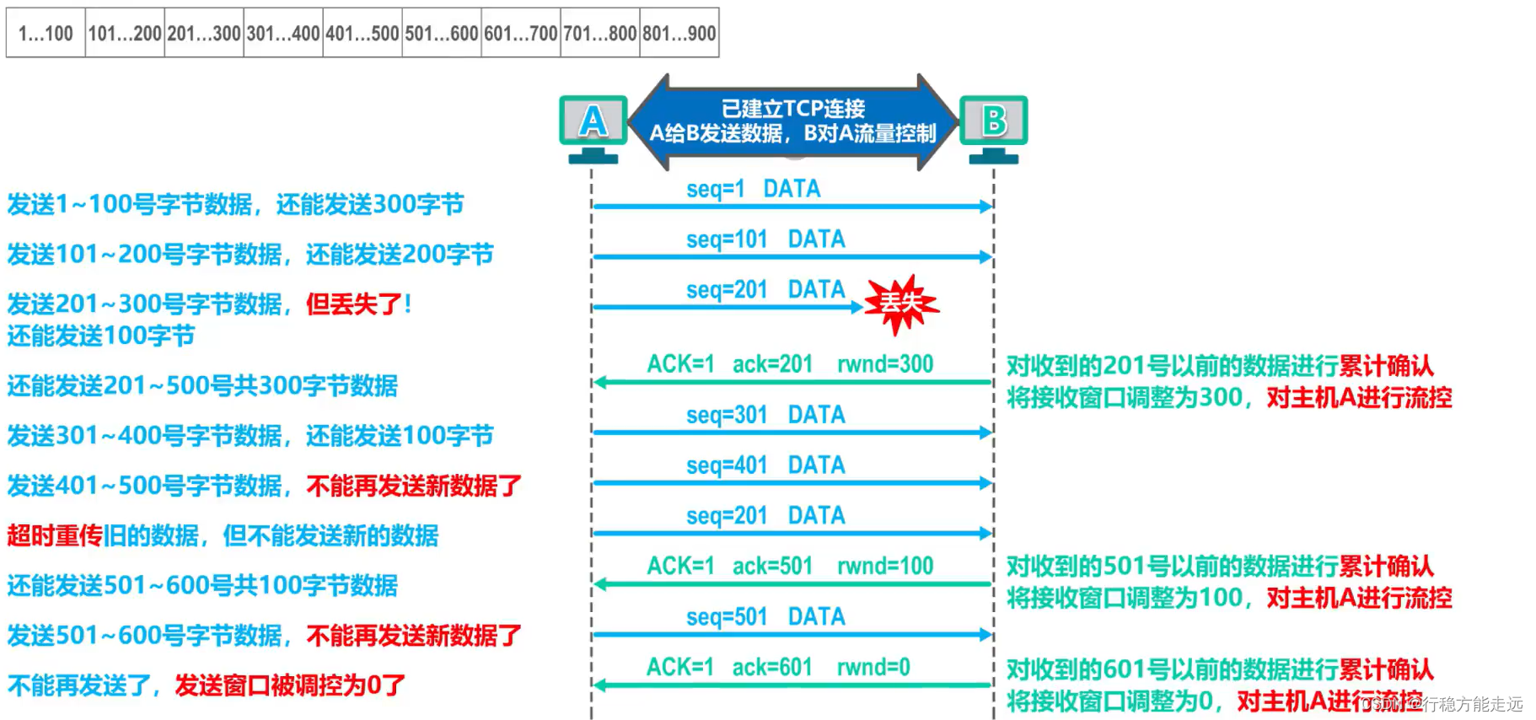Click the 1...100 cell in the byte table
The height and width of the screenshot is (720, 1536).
pos(46,34)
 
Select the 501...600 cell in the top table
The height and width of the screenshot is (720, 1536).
pos(442,34)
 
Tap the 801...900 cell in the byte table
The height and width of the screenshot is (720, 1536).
pos(679,34)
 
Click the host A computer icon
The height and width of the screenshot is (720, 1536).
pos(593,126)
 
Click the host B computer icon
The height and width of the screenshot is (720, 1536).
pos(993,126)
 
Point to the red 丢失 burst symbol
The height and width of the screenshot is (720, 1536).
pos(901,303)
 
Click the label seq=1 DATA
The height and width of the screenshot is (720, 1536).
pos(753,189)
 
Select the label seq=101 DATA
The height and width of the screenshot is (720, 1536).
pos(765,239)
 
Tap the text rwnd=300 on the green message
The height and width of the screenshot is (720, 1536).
pos(884,364)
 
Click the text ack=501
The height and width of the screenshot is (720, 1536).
pos(772,566)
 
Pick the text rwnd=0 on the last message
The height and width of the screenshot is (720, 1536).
pos(873,667)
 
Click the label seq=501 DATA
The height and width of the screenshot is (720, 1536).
pos(765,616)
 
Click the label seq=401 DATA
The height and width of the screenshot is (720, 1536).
pos(765,465)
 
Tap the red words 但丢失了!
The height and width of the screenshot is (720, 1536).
pos(358,304)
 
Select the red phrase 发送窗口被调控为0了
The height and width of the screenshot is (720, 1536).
pos(290,685)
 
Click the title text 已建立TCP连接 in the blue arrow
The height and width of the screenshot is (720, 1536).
pos(792,109)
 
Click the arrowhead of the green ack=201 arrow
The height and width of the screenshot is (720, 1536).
pos(600,383)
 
